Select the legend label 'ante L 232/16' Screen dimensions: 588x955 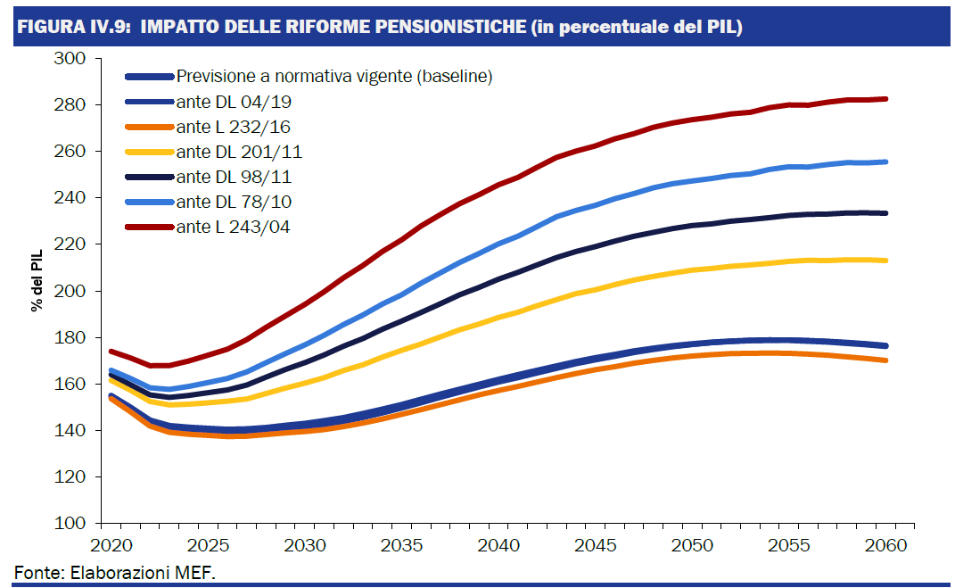233,127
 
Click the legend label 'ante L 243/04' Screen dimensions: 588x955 233,227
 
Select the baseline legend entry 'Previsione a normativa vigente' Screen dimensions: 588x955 334,77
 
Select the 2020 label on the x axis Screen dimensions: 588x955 107,545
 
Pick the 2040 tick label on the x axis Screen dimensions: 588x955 497,545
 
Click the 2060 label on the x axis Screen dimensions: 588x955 886,545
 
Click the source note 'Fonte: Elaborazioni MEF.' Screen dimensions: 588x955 115,570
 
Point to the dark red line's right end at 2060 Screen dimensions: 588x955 885,99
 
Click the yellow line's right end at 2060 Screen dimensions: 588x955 885,261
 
